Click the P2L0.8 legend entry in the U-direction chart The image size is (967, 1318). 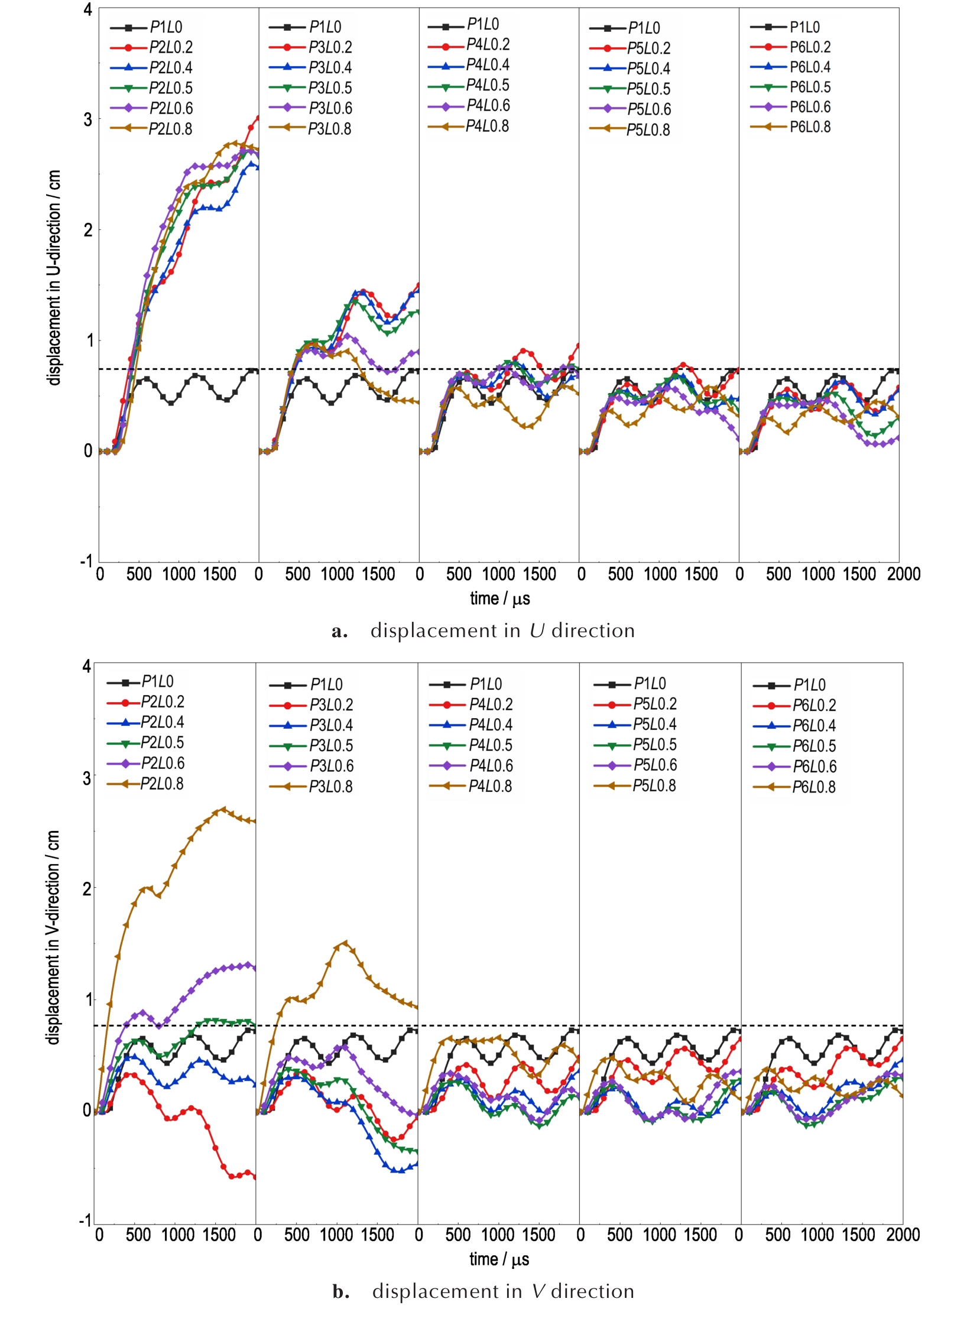[x=170, y=129]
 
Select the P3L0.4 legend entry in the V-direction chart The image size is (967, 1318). [x=330, y=725]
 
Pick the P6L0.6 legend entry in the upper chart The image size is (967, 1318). [x=810, y=107]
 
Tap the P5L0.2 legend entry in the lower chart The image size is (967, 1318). [x=654, y=704]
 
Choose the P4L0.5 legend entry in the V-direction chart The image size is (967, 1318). [x=490, y=745]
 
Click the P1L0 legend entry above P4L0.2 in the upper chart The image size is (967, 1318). [x=482, y=24]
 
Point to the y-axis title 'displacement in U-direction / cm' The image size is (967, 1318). [x=54, y=278]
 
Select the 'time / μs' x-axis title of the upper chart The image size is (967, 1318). [x=499, y=599]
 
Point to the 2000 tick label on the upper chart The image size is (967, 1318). [x=903, y=574]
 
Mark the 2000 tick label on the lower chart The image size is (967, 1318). [x=903, y=1235]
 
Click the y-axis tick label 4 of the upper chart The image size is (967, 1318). [x=87, y=10]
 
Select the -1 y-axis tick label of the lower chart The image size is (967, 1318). [x=85, y=1220]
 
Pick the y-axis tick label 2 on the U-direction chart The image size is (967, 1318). [x=87, y=230]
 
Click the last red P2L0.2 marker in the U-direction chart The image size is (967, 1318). [x=258, y=117]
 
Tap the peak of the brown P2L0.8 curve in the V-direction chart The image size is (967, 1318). [x=223, y=809]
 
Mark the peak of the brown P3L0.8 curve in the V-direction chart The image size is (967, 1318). [x=345, y=943]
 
